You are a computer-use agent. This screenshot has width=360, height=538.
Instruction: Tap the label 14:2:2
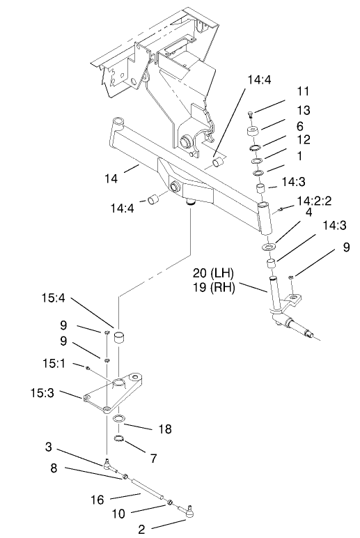click(313, 200)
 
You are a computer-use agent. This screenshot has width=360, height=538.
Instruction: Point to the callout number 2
click(141, 529)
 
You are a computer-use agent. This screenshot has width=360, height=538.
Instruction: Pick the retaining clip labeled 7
click(118, 439)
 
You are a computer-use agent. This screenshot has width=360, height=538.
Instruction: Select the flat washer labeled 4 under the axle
click(267, 247)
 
